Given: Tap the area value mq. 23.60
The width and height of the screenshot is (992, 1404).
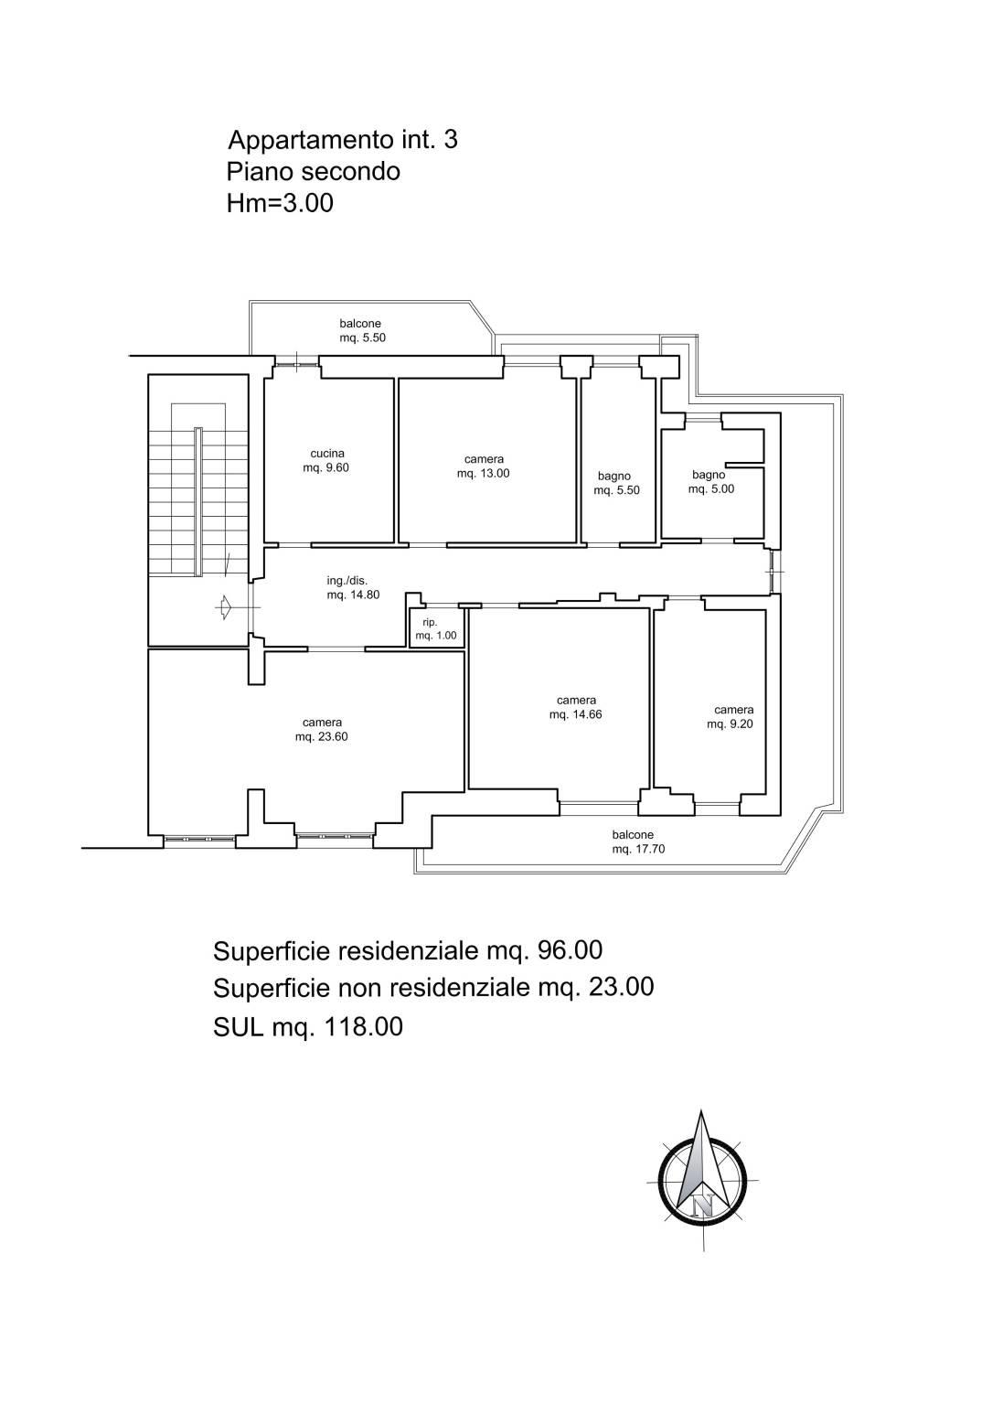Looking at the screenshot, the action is [x=322, y=737].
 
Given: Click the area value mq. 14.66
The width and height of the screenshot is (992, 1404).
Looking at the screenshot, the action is [x=576, y=714].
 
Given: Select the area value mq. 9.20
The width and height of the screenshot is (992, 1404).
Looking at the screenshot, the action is [x=730, y=723].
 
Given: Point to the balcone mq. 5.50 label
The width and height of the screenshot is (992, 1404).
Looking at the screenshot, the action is [x=362, y=330].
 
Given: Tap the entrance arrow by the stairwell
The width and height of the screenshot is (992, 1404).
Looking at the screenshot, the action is [x=223, y=607].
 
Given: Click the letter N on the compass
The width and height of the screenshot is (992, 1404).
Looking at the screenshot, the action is [x=703, y=1205].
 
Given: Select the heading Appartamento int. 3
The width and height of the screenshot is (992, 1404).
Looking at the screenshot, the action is [x=343, y=139].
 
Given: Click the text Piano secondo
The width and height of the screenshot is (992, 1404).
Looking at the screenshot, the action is [x=314, y=171].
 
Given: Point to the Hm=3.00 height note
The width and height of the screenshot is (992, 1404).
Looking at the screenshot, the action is [x=280, y=203].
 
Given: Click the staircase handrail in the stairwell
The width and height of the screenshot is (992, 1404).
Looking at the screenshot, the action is [x=198, y=501].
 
